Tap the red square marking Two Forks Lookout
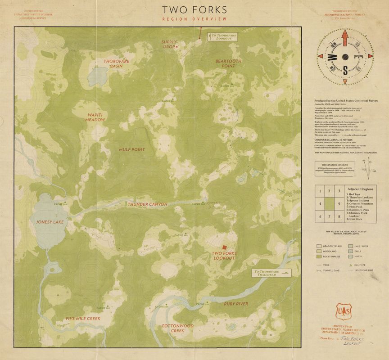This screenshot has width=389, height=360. pyautogui.click(x=223, y=247)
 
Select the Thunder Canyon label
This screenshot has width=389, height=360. pyautogui.click(x=147, y=204)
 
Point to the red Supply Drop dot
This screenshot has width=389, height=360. pyautogui.click(x=177, y=47)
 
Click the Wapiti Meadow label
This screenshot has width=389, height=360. pyautogui.click(x=95, y=117)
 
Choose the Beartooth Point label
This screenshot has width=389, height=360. pyautogui.click(x=228, y=63)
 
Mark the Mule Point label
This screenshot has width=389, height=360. pyautogui.click(x=132, y=149)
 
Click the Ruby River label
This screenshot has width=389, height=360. pyautogui.click(x=236, y=304)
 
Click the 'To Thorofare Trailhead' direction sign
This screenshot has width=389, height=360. pyautogui.click(x=271, y=273)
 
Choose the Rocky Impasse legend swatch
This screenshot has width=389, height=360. pyautogui.click(x=319, y=256)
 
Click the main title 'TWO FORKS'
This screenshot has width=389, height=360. pyautogui.click(x=194, y=9)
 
